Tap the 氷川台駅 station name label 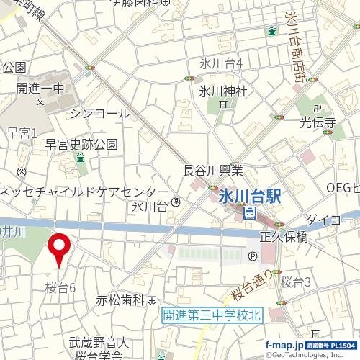[248, 194]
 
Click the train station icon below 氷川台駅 [249, 212]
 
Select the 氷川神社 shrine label [223, 91]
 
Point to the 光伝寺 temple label [318, 122]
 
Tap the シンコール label [100, 113]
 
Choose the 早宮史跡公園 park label [81, 144]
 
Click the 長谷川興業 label [213, 170]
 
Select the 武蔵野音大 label [99, 343]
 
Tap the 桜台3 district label [295, 282]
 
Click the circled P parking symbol [252, 257]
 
